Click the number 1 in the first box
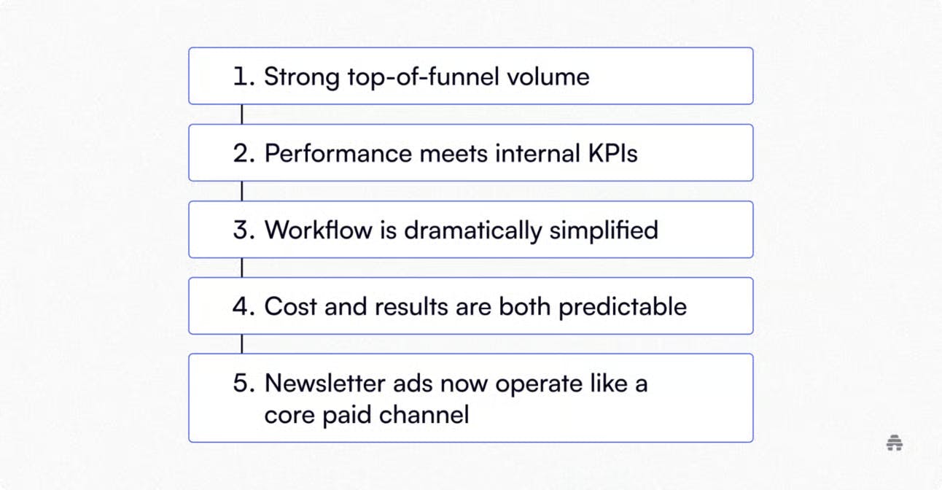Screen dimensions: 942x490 241,77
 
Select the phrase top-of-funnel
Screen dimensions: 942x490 423,77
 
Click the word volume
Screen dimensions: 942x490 548,77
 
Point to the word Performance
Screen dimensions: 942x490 338,153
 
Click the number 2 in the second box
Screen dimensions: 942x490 241,153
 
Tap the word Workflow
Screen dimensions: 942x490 319,230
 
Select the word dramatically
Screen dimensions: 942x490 473,231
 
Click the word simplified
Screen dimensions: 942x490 604,231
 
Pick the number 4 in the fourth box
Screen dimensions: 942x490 241,306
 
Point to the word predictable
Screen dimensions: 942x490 623,307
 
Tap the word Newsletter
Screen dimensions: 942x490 324,383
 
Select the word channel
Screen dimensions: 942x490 424,415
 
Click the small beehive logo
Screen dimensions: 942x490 895,443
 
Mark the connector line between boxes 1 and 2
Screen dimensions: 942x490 242,114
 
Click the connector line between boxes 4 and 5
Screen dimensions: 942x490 242,344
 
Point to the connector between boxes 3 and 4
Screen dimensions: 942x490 242,268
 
